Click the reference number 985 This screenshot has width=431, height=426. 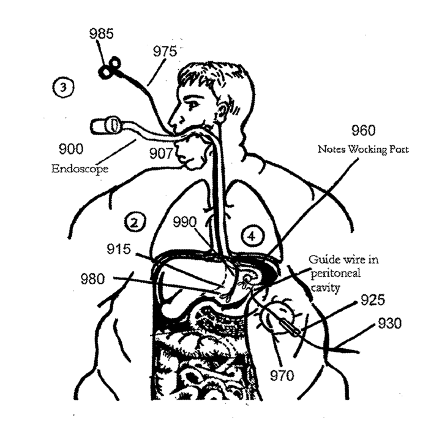100,34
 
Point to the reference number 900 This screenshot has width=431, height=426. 72,150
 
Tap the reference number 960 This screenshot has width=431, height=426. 363,131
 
